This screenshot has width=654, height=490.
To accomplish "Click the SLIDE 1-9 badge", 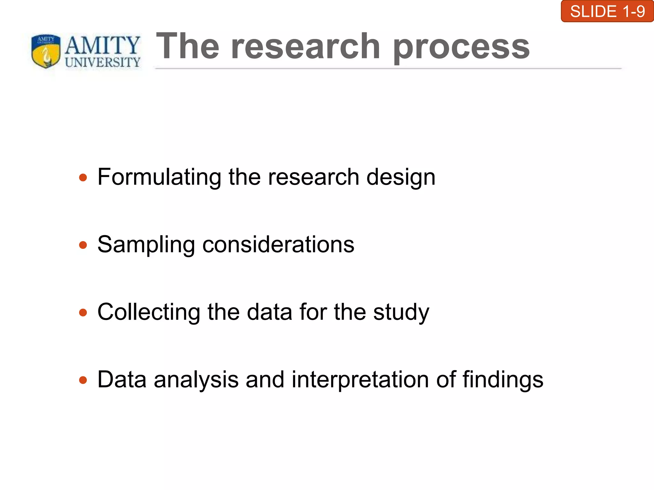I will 607,11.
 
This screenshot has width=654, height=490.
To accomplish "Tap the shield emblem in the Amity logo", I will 46,51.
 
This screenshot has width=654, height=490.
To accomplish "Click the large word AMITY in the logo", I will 103,45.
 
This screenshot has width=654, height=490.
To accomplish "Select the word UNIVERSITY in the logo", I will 103,62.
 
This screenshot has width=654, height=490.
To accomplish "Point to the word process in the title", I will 461,48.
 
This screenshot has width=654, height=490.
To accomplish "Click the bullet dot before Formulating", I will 83,177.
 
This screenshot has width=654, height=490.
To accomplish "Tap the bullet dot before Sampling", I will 83,245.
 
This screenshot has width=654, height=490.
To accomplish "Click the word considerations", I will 278,245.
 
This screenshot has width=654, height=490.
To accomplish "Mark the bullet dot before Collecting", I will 83,312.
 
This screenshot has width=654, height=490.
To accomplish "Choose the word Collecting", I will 149,312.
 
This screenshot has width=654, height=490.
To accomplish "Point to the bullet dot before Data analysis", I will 83,380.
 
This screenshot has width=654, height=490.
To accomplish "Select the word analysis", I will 196,380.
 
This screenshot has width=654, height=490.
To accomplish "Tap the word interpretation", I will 360,380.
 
